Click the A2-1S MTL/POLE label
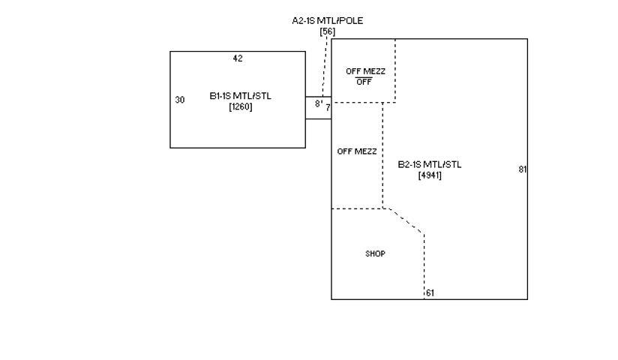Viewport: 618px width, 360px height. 327,20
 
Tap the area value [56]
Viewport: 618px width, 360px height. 327,31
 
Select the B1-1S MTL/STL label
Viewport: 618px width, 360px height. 241,96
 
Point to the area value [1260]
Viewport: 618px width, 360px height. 241,106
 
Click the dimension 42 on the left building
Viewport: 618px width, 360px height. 238,58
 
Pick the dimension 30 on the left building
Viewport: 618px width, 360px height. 180,100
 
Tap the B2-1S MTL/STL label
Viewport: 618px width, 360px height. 430,164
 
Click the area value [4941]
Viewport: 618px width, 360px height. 430,175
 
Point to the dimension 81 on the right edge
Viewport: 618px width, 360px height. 522,169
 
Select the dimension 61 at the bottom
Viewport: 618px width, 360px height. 430,293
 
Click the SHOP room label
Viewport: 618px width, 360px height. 375,253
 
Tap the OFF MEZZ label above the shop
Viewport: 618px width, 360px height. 357,151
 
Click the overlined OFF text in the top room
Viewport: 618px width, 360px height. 364,82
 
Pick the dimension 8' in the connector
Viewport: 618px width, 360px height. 318,103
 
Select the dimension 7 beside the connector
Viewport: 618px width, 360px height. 328,107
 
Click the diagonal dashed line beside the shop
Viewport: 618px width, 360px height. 406,220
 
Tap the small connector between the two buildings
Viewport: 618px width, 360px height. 318,114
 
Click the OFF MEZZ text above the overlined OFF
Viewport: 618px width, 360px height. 365,71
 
